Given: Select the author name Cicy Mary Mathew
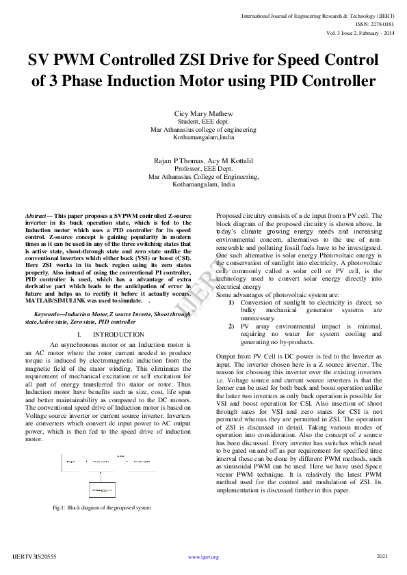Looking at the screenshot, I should pyautogui.click(x=203, y=113).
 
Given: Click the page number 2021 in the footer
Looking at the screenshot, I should pyautogui.click(x=382, y=557).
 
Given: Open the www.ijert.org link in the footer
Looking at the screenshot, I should pyautogui.click(x=203, y=557).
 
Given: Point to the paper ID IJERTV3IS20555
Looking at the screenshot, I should pyautogui.click(x=34, y=557).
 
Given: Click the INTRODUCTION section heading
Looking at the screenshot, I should pyautogui.click(x=119, y=334).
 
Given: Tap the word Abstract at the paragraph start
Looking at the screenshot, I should pyautogui.click(x=38, y=215).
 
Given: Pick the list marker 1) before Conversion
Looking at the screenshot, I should pyautogui.click(x=231, y=302).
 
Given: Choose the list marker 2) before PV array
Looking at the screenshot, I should pyautogui.click(x=231, y=326).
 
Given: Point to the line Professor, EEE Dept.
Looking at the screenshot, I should pyautogui.click(x=203, y=168).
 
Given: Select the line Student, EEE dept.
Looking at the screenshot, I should pyautogui.click(x=203, y=121).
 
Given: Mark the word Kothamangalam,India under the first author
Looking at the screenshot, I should pyautogui.click(x=203, y=137).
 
